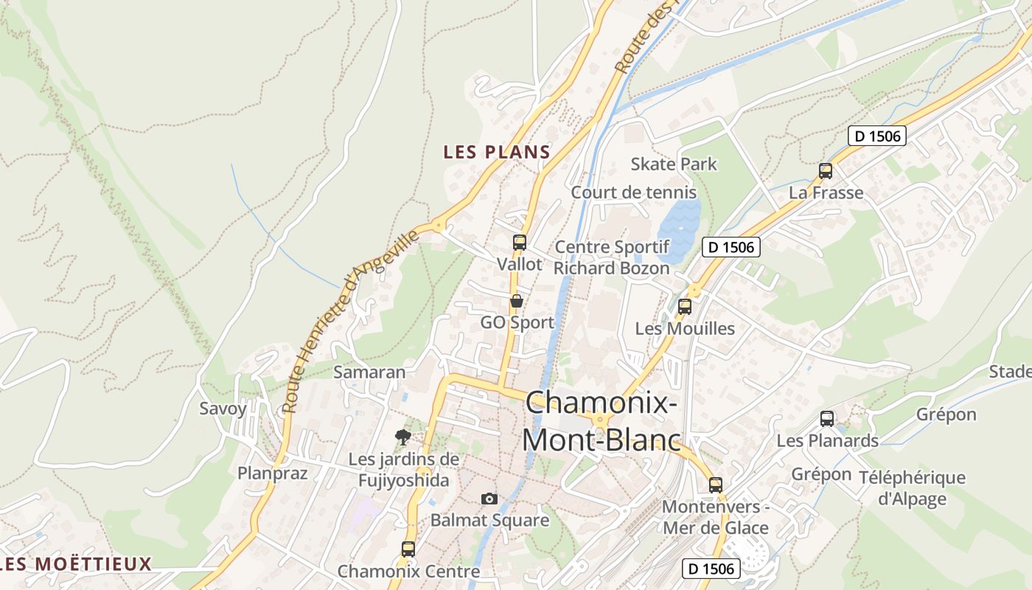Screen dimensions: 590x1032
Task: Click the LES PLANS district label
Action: [496, 153]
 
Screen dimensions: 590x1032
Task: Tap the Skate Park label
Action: [673, 164]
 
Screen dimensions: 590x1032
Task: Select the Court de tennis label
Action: [633, 192]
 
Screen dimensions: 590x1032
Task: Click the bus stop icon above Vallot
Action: [520, 242]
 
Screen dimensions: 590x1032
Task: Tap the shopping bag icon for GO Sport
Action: [517, 301]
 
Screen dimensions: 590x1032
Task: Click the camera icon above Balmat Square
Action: [489, 499]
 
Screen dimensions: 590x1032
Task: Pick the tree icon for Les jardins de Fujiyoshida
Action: [402, 437]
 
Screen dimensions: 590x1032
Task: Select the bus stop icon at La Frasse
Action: [826, 171]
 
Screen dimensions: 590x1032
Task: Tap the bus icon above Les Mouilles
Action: [685, 307]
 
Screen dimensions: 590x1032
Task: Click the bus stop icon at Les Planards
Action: [827, 419]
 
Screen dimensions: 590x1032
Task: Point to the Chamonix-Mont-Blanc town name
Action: [601, 421]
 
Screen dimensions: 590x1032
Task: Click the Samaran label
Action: [369, 372]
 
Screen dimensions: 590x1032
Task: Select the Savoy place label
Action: [223, 409]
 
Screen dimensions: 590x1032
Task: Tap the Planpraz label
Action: [272, 473]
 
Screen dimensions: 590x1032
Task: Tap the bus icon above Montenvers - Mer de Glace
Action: [716, 485]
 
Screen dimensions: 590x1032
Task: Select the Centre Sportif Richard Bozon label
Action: [611, 257]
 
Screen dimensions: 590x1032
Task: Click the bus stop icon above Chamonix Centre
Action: [408, 549]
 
